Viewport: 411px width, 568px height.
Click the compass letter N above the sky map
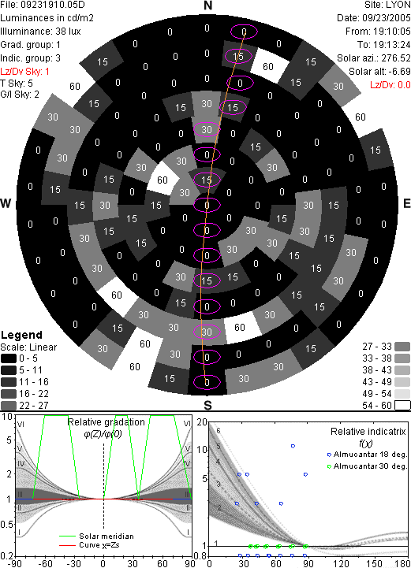[207, 6]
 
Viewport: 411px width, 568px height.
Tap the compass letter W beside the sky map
[6, 203]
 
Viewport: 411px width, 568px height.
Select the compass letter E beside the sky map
[406, 203]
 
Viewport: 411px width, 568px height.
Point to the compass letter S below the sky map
[207, 405]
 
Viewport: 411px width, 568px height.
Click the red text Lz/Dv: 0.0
[390, 85]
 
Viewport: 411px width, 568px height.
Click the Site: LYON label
[388, 5]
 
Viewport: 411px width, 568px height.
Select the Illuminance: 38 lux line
[40, 32]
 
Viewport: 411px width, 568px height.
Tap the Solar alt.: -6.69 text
[379, 72]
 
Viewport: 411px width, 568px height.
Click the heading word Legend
[22, 335]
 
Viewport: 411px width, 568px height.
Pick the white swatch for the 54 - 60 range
[402, 406]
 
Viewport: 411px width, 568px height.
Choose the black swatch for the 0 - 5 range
[9, 358]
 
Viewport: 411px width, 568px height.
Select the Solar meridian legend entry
[97, 536]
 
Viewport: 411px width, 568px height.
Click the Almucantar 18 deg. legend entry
[367, 455]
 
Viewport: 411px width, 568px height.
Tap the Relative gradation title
[106, 422]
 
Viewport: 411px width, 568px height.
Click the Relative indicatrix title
[368, 432]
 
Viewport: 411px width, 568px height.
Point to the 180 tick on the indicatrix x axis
[402, 563]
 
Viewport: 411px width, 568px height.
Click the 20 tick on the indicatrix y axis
[202, 422]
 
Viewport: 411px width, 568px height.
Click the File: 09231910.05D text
[43, 5]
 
